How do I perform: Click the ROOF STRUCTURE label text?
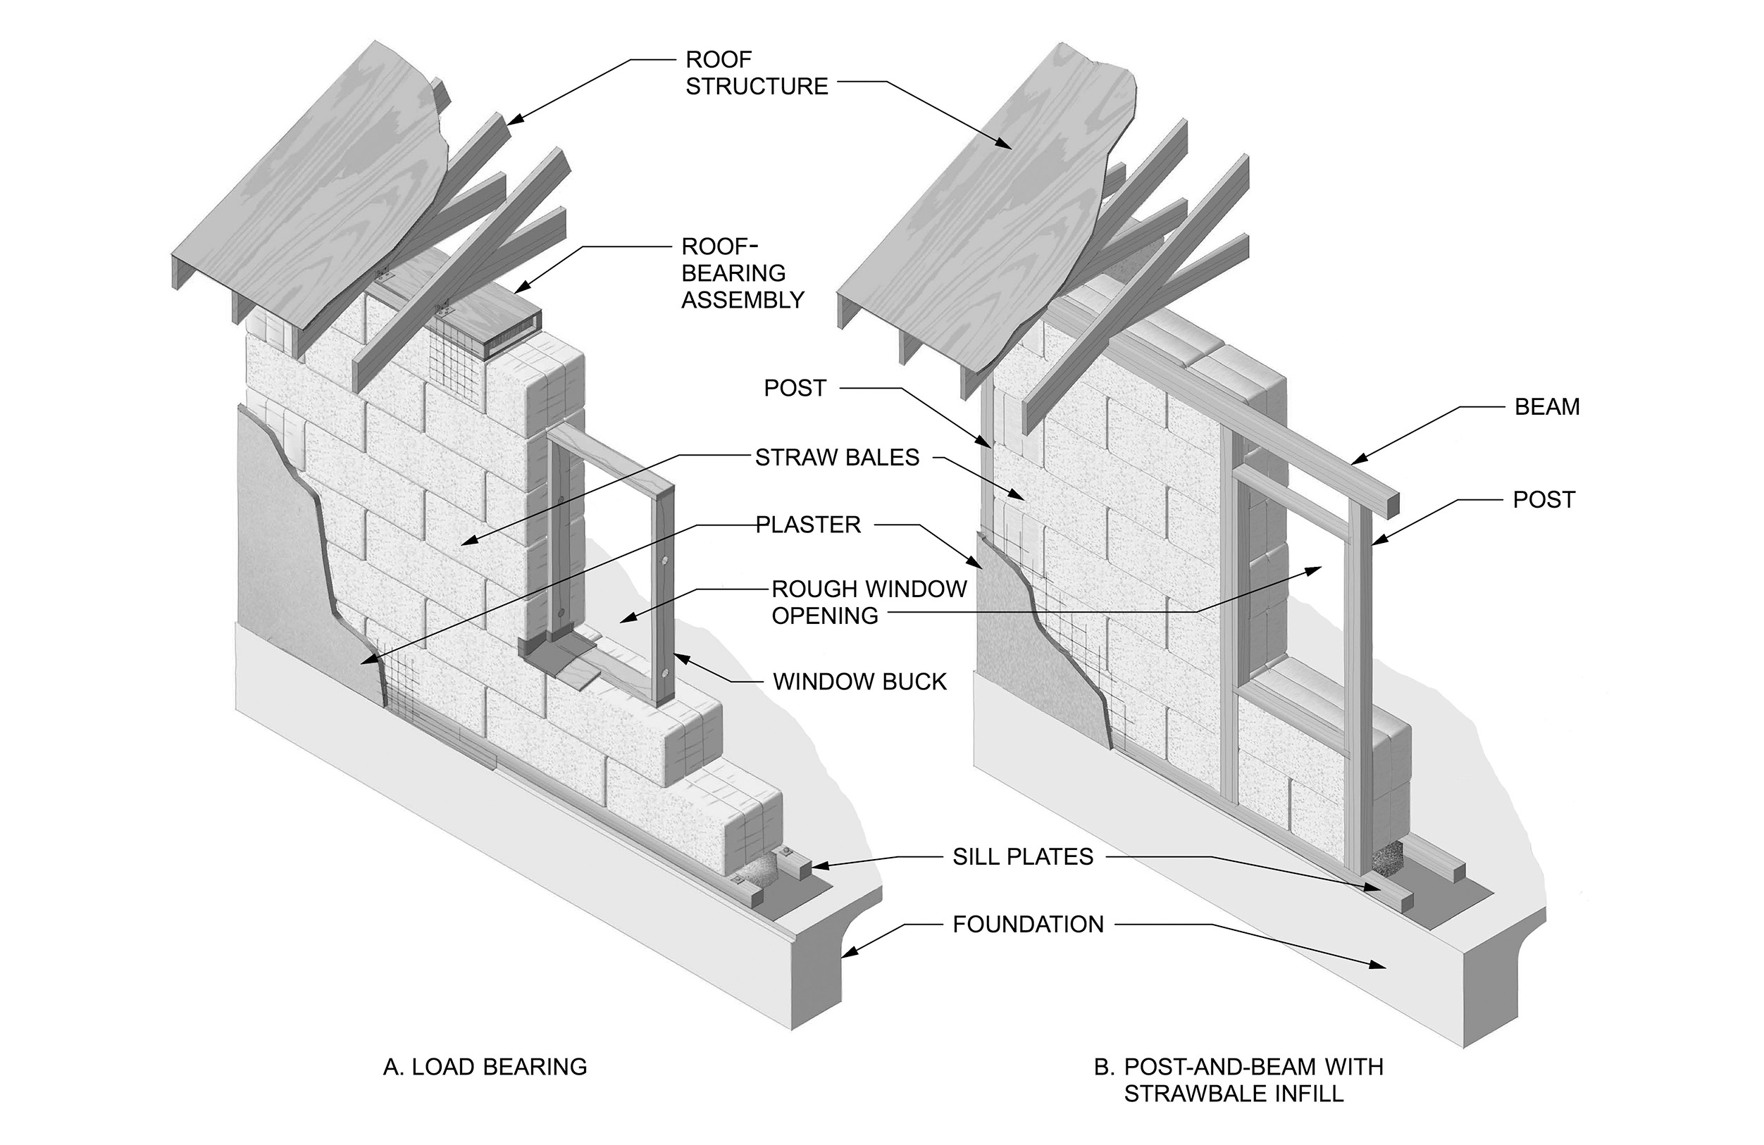coord(756,73)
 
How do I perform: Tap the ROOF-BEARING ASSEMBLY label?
coord(742,273)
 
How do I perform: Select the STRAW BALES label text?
coord(837,457)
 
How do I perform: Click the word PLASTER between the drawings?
coord(808,525)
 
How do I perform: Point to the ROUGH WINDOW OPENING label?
coord(869,602)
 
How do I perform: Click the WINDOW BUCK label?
coord(859,682)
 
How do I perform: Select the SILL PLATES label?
coord(1023,857)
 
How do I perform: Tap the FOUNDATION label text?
coord(1028,924)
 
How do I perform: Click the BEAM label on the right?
coord(1547,407)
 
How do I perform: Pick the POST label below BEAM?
coord(1544,499)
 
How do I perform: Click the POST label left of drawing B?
coord(795,387)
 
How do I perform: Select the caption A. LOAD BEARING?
coord(485,1066)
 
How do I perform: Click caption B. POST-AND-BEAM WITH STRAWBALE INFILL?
coord(1238,1079)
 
